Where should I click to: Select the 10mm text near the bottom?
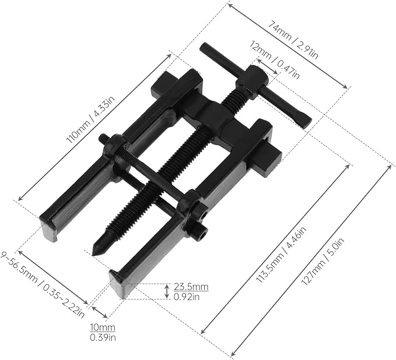(x=103, y=328)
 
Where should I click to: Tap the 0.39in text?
(x=103, y=337)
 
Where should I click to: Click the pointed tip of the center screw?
(x=94, y=249)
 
